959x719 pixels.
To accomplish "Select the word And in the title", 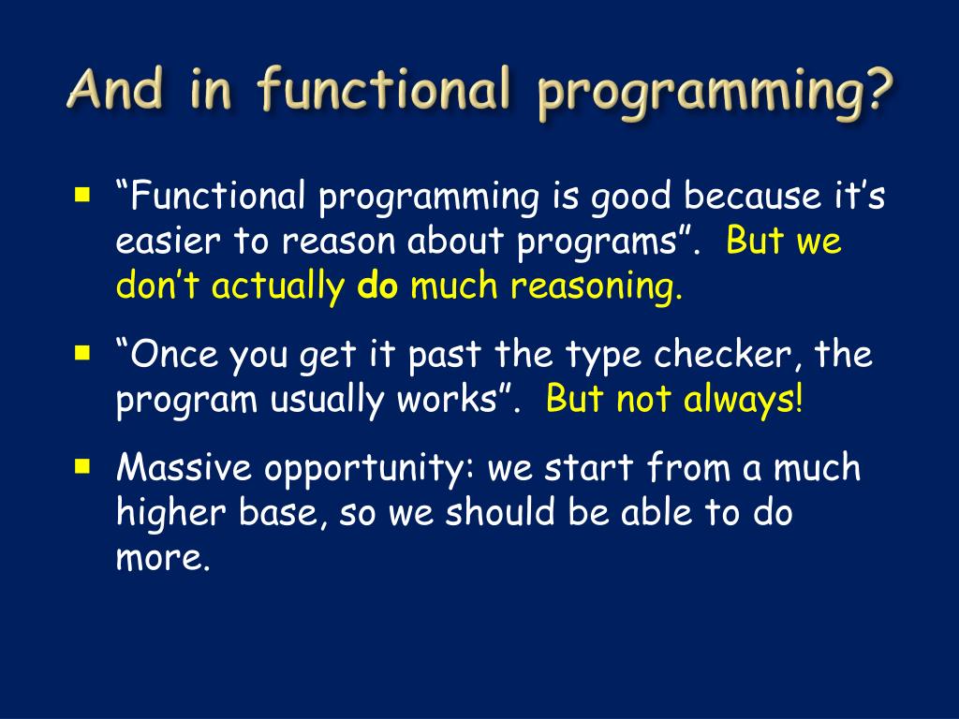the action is click(x=116, y=89).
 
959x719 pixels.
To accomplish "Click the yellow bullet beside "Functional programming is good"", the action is click(x=82, y=195).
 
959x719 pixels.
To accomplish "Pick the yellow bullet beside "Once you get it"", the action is click(x=82, y=353).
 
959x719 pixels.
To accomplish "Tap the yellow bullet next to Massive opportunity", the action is click(x=82, y=466).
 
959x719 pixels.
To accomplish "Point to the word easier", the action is click(x=167, y=241).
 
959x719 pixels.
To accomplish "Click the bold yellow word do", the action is click(x=377, y=285).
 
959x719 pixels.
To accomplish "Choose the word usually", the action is click(x=327, y=401).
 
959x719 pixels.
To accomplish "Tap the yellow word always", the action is click(x=743, y=401).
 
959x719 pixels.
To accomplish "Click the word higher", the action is click(x=170, y=514).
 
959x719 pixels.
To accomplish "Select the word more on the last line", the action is click(x=163, y=558).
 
